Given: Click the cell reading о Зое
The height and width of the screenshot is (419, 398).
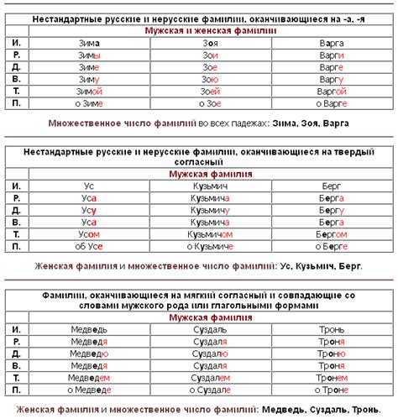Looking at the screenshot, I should coord(210,104).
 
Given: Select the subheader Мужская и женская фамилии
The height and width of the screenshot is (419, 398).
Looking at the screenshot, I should coord(210,29).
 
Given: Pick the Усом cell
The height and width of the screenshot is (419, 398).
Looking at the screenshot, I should coord(88,234).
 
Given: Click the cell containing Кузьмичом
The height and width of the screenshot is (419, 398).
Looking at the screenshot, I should coord(210,234).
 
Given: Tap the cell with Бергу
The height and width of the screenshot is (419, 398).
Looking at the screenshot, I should coord(331,209).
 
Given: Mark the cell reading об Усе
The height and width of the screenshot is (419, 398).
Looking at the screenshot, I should coord(88,247).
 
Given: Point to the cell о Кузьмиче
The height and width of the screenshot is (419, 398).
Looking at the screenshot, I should coord(210,247).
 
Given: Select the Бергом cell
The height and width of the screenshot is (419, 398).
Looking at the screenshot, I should coord(331,234).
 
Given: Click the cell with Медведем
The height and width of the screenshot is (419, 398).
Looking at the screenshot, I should coord(88,378).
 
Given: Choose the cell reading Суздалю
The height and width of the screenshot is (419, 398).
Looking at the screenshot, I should coord(210,354).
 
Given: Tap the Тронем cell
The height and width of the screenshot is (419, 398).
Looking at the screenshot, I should coord(331,378).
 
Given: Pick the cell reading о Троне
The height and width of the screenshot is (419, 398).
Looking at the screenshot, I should coord(331,390).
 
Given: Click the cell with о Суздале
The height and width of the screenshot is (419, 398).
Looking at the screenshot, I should coord(210,390).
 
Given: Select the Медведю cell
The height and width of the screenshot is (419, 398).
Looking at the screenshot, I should coord(88,354).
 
